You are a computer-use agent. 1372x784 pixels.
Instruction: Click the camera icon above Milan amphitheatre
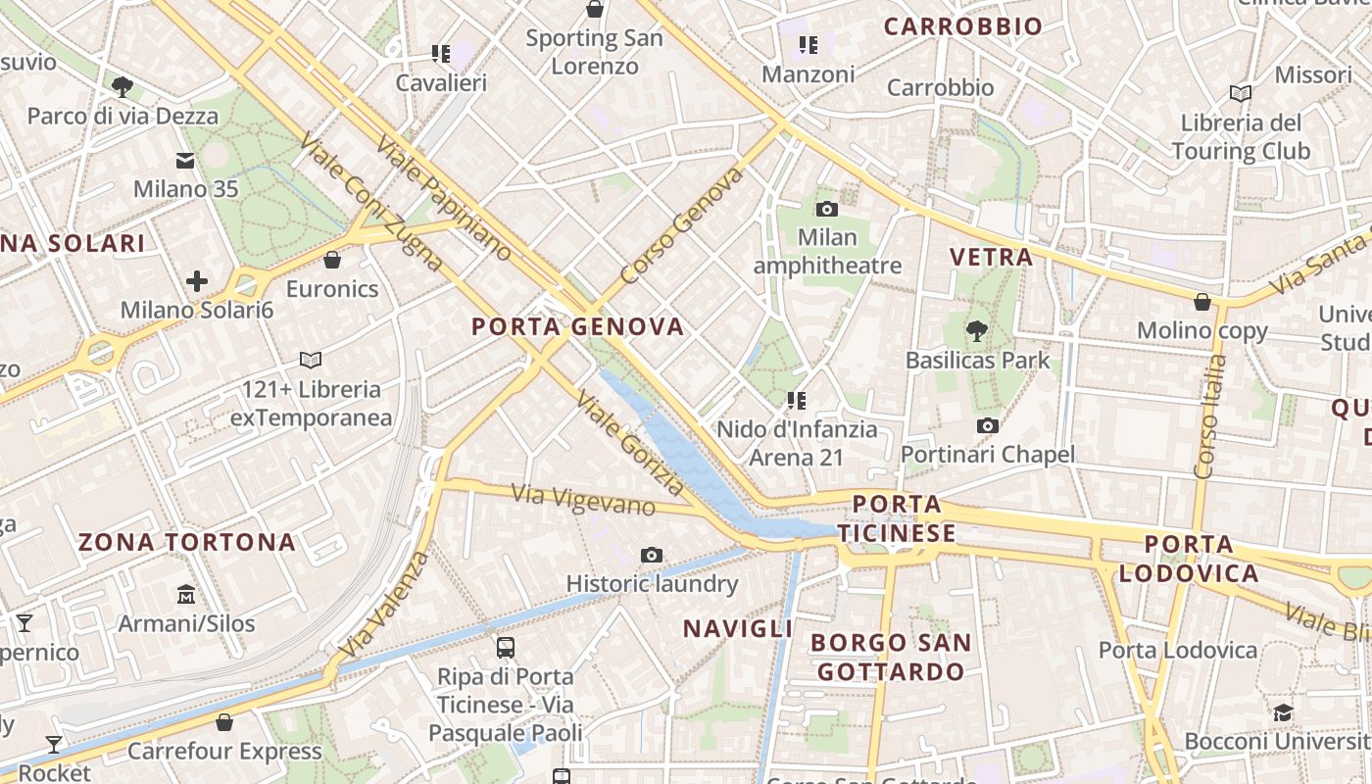827,209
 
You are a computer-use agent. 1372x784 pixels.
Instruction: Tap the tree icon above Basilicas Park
977,331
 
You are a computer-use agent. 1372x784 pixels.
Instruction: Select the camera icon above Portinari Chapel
988,425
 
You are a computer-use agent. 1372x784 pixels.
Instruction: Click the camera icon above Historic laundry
652,556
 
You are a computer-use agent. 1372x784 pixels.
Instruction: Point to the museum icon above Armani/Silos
186,594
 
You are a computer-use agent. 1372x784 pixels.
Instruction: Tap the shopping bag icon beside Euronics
332,260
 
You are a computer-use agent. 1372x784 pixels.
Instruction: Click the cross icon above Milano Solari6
197,282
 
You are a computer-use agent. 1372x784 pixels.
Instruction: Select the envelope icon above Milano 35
185,161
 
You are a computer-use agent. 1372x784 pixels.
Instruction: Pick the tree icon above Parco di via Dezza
122,87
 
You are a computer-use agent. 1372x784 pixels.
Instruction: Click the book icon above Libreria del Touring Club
1241,93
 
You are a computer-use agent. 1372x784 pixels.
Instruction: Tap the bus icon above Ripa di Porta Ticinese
506,648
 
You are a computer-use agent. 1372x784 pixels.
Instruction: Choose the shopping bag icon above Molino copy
1202,302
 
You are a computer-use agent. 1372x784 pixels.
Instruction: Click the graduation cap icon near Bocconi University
1283,712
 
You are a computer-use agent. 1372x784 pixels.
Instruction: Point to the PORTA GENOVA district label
577,326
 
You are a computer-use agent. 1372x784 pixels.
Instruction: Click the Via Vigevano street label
583,500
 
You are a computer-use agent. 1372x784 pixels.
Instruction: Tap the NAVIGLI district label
737,628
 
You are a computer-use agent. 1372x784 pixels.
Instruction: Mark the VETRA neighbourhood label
991,258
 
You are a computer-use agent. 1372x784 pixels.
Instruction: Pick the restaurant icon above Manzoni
808,44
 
